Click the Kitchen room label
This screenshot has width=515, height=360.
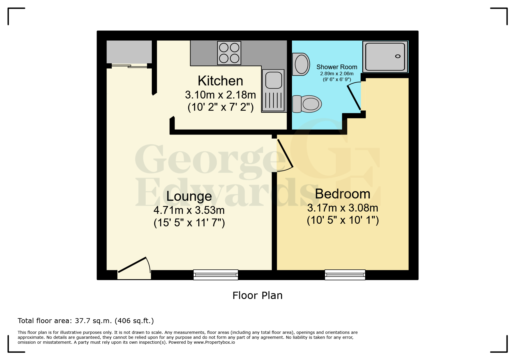[220, 81]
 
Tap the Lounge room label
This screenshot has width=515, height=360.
[189, 196]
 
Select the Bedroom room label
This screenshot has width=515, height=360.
[343, 194]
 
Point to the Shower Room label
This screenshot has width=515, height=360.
[337, 67]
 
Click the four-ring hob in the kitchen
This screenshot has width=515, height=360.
[229, 53]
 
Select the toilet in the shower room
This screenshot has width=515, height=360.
[307, 104]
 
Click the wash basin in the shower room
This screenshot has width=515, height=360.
[301, 64]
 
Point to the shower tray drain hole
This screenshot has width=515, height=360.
[398, 56]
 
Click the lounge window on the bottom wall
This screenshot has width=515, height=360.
[216, 275]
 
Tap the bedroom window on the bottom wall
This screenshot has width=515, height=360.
[345, 275]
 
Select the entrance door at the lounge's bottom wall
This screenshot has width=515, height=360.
[134, 268]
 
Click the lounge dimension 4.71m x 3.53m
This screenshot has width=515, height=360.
[189, 210]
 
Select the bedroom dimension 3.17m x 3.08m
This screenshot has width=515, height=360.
[343, 208]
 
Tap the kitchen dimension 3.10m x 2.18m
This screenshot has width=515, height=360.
[220, 95]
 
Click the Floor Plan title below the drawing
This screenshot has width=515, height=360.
[257, 295]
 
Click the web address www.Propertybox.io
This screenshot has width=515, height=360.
[214, 342]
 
